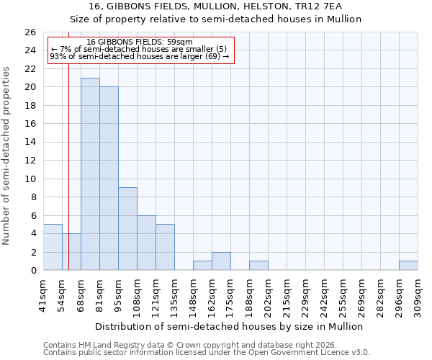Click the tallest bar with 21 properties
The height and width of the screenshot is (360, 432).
click(x=90, y=174)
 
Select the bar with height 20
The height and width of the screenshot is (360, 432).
click(x=109, y=179)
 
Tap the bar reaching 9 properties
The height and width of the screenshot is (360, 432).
click(x=127, y=229)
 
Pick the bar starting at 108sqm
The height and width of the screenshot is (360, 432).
click(x=146, y=243)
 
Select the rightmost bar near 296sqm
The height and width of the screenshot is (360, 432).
click(x=408, y=266)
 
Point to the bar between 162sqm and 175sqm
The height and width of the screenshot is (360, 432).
click(x=221, y=261)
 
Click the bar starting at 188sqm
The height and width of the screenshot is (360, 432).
click(x=258, y=266)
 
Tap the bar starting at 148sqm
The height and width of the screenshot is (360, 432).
click(x=202, y=266)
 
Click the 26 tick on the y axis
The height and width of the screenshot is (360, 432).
click(x=30, y=32)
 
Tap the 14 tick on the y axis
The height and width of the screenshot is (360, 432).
click(x=30, y=142)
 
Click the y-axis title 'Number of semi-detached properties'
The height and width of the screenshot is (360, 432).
click(x=6, y=156)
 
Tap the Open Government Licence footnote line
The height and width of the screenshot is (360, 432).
click(x=207, y=352)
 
